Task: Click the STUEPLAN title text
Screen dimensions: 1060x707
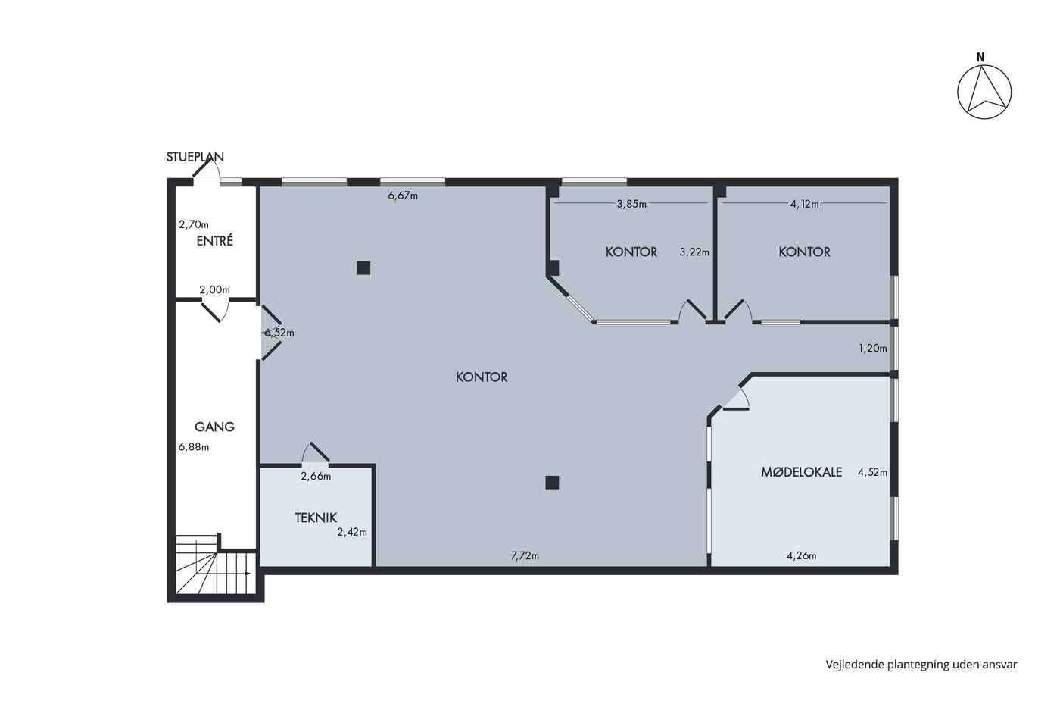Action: pos(195,157)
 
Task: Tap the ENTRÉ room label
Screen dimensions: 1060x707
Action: pos(215,241)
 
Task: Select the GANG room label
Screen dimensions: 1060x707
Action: pos(214,427)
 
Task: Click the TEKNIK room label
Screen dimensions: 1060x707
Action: pos(316,518)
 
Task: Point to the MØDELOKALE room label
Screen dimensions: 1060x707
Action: pos(801,471)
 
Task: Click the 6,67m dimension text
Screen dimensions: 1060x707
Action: pos(403,195)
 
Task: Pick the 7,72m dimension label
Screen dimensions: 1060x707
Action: pos(525,555)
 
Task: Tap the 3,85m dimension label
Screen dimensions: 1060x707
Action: pos(631,204)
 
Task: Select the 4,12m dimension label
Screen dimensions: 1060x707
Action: pos(804,204)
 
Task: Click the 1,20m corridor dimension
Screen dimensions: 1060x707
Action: pos(873,348)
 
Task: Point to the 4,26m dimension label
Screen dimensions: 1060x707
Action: pos(801,555)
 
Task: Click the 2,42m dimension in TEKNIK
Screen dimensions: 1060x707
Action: pos(352,532)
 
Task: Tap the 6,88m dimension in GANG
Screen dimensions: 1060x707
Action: pos(194,446)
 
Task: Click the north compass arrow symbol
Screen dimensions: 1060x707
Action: pos(984,92)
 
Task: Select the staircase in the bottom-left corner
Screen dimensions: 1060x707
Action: pos(216,565)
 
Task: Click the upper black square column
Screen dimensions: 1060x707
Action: pos(363,268)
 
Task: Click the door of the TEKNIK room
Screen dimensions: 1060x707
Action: pos(316,452)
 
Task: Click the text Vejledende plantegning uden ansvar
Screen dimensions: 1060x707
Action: pos(921,665)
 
